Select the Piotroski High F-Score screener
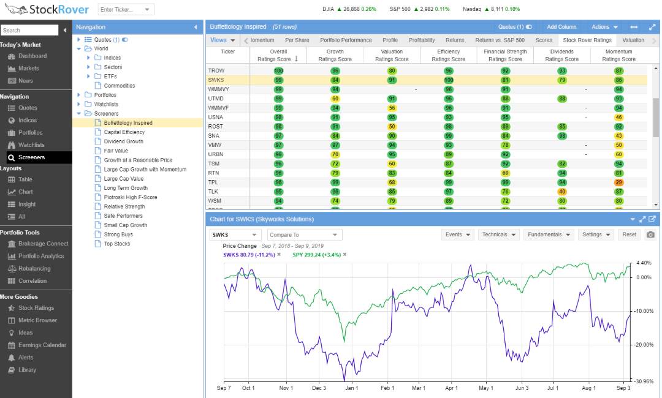[x=130, y=197]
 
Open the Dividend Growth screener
[x=123, y=141]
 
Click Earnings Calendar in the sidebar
[x=42, y=345]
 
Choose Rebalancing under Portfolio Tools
[x=34, y=269]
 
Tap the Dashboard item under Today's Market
[x=32, y=56]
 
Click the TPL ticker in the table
[x=214, y=182]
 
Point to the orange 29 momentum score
[x=618, y=182]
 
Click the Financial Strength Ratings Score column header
[x=505, y=56]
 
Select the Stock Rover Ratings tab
[x=587, y=40]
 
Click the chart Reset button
[x=629, y=235]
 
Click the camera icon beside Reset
[x=650, y=235]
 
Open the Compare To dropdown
[x=303, y=235]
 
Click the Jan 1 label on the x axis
[x=351, y=388]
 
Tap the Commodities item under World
[x=119, y=86]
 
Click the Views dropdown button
[x=223, y=40]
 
